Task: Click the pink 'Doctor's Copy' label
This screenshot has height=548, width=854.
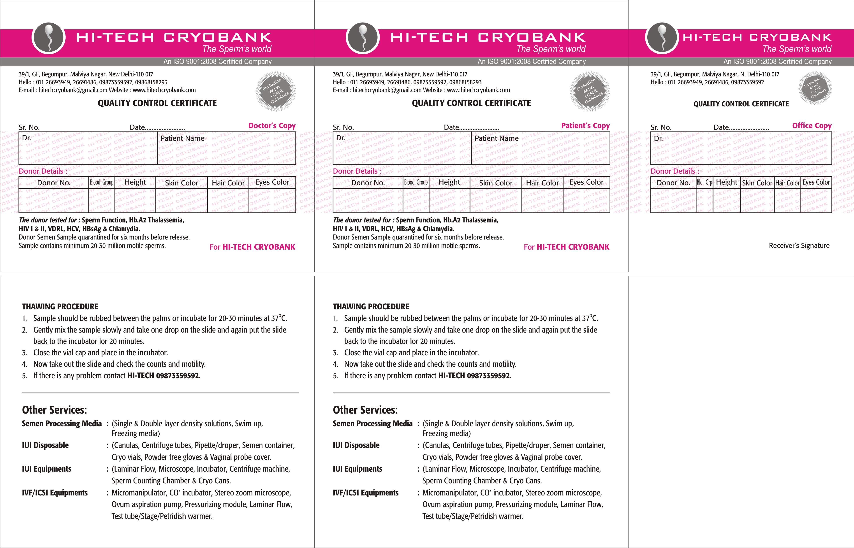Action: pyautogui.click(x=272, y=126)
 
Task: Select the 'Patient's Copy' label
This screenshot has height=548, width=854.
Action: pyautogui.click(x=585, y=126)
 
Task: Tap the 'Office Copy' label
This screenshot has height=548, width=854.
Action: pyautogui.click(x=812, y=126)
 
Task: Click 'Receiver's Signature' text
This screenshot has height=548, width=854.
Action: pyautogui.click(x=799, y=245)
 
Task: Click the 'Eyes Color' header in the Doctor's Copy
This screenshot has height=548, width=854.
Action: pyautogui.click(x=272, y=182)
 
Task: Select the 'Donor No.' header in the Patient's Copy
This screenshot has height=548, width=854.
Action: pyautogui.click(x=368, y=183)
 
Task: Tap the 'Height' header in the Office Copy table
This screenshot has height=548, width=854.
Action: pyautogui.click(x=726, y=182)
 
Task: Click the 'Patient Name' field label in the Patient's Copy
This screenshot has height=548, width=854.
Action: pyautogui.click(x=496, y=138)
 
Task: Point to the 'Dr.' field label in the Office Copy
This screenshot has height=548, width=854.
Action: pyautogui.click(x=658, y=138)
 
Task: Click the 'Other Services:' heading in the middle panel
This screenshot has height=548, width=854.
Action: pyautogui.click(x=365, y=410)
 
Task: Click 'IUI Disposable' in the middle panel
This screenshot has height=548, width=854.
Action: pyautogui.click(x=356, y=445)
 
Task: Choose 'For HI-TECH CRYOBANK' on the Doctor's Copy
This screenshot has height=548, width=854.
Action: pyautogui.click(x=252, y=247)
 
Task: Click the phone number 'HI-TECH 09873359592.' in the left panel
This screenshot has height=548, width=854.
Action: pyautogui.click(x=164, y=376)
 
